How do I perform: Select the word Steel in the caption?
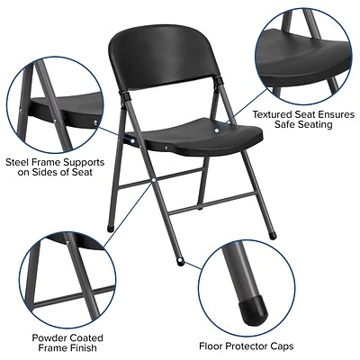(x=20, y=162)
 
